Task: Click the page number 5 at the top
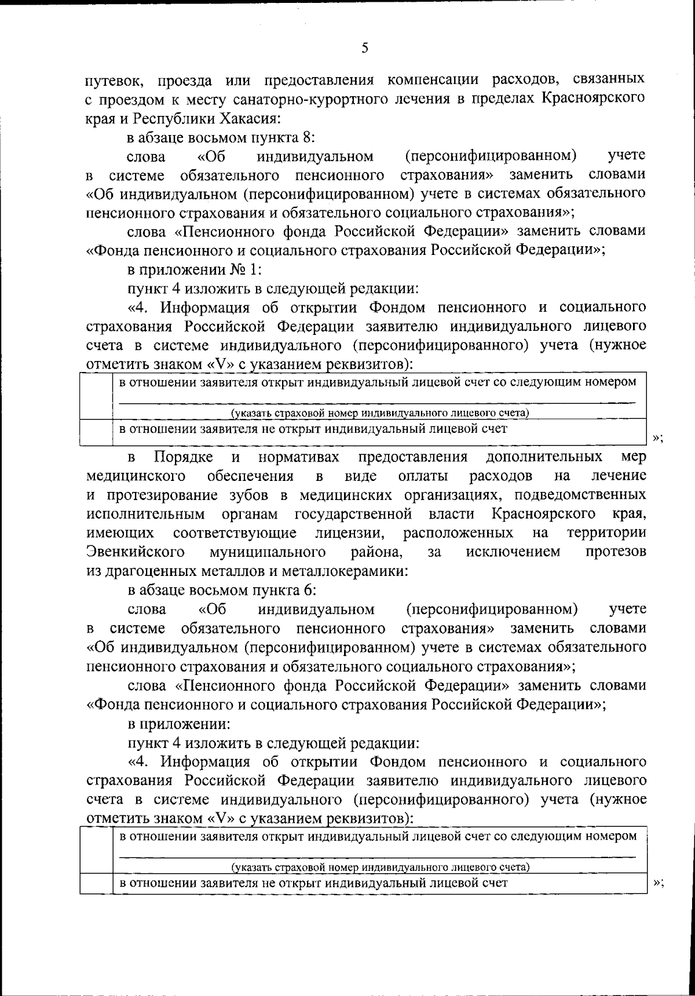364,48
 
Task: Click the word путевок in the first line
111,79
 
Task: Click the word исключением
513,552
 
